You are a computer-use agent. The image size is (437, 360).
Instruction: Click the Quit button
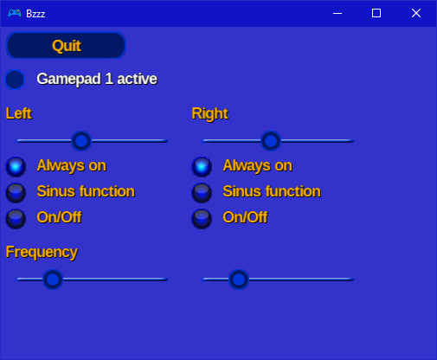click(66, 46)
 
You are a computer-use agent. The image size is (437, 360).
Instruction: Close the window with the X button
click(416, 13)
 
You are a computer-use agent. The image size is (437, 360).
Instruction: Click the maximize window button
click(376, 13)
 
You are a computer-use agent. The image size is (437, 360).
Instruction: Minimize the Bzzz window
click(337, 13)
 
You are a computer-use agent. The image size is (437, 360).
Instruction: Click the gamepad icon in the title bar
click(14, 13)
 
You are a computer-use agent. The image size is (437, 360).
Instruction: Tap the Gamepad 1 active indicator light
click(15, 80)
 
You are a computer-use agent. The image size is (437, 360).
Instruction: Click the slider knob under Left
click(81, 140)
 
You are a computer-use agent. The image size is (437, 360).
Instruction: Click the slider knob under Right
click(271, 140)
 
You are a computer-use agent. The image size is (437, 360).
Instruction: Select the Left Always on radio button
click(16, 166)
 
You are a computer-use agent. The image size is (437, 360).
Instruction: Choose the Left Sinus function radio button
click(16, 192)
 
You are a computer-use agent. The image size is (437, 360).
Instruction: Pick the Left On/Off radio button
click(16, 218)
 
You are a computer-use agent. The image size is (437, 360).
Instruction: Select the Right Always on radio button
click(202, 166)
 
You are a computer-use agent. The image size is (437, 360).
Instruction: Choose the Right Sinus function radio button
click(202, 192)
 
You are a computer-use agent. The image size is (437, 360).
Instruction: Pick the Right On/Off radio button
click(202, 218)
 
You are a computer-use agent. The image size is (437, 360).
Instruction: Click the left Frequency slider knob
click(53, 279)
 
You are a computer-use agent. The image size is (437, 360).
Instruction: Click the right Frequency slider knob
click(239, 279)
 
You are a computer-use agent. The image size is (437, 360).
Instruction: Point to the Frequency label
click(42, 252)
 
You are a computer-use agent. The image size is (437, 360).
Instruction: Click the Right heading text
click(209, 113)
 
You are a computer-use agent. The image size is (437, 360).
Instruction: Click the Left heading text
click(19, 113)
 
